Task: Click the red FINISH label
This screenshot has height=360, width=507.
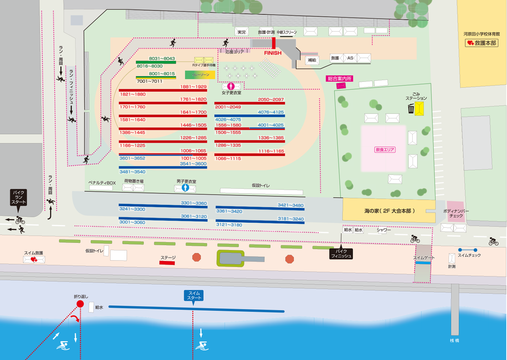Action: [273, 53]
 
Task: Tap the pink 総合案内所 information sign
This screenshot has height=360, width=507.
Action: [340, 79]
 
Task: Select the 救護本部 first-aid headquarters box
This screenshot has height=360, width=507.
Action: [482, 43]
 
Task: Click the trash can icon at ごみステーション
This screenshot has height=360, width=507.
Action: [411, 109]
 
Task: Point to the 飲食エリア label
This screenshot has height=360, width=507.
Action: [385, 150]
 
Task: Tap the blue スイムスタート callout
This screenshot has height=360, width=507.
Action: [193, 296]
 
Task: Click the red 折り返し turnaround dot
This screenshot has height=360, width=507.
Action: [80, 304]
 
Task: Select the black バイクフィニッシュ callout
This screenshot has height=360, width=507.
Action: [341, 254]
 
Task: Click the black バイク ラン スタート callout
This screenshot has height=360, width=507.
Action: [18, 197]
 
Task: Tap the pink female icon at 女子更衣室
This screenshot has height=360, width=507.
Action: [231, 86]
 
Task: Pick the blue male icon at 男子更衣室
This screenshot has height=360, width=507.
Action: [185, 188]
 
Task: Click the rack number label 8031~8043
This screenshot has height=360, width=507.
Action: [162, 59]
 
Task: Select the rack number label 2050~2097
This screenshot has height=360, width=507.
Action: [271, 99]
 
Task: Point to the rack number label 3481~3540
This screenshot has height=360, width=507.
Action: [132, 172]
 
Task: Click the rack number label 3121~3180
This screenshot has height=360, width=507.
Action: [229, 225]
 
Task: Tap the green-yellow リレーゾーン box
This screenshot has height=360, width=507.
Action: [200, 75]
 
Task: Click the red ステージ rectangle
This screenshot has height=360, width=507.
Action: [167, 263]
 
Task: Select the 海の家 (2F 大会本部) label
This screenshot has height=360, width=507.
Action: [390, 211]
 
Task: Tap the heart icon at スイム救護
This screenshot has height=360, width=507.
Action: [34, 260]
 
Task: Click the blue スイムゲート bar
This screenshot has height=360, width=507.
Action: [423, 263]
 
